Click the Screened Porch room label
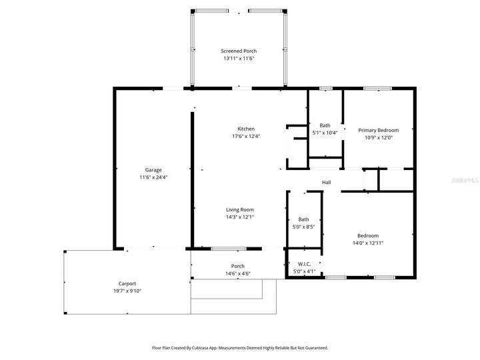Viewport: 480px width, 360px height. (x=239, y=51)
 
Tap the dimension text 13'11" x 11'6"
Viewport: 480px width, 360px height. (x=239, y=59)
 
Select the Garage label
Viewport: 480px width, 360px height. (x=153, y=170)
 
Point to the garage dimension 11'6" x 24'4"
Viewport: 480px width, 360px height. (x=153, y=177)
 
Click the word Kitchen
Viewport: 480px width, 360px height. (x=246, y=129)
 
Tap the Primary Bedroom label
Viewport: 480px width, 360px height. (x=378, y=131)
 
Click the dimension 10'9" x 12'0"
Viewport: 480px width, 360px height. (x=378, y=138)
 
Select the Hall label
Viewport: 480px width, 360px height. (x=327, y=183)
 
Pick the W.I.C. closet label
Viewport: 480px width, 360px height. (x=303, y=264)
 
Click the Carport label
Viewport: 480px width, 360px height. (x=127, y=283)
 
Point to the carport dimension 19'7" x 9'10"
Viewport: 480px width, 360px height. (x=127, y=291)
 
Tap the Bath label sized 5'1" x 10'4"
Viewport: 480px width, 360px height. (x=325, y=125)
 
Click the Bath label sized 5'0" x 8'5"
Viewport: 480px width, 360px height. (x=303, y=219)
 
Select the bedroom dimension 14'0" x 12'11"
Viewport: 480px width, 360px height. (x=368, y=243)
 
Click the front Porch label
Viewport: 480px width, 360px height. (x=237, y=266)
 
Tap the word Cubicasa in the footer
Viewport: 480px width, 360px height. (x=203, y=348)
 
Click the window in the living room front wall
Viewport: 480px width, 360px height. (x=229, y=249)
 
